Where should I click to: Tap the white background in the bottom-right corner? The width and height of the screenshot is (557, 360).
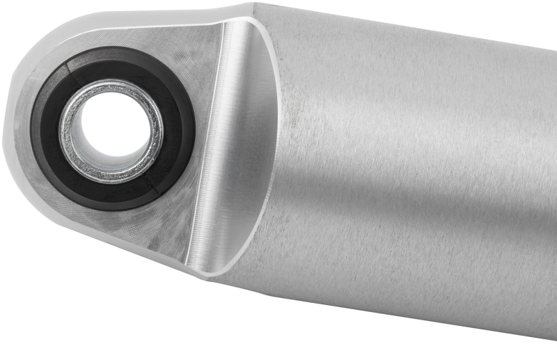click(x=529, y=348)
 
